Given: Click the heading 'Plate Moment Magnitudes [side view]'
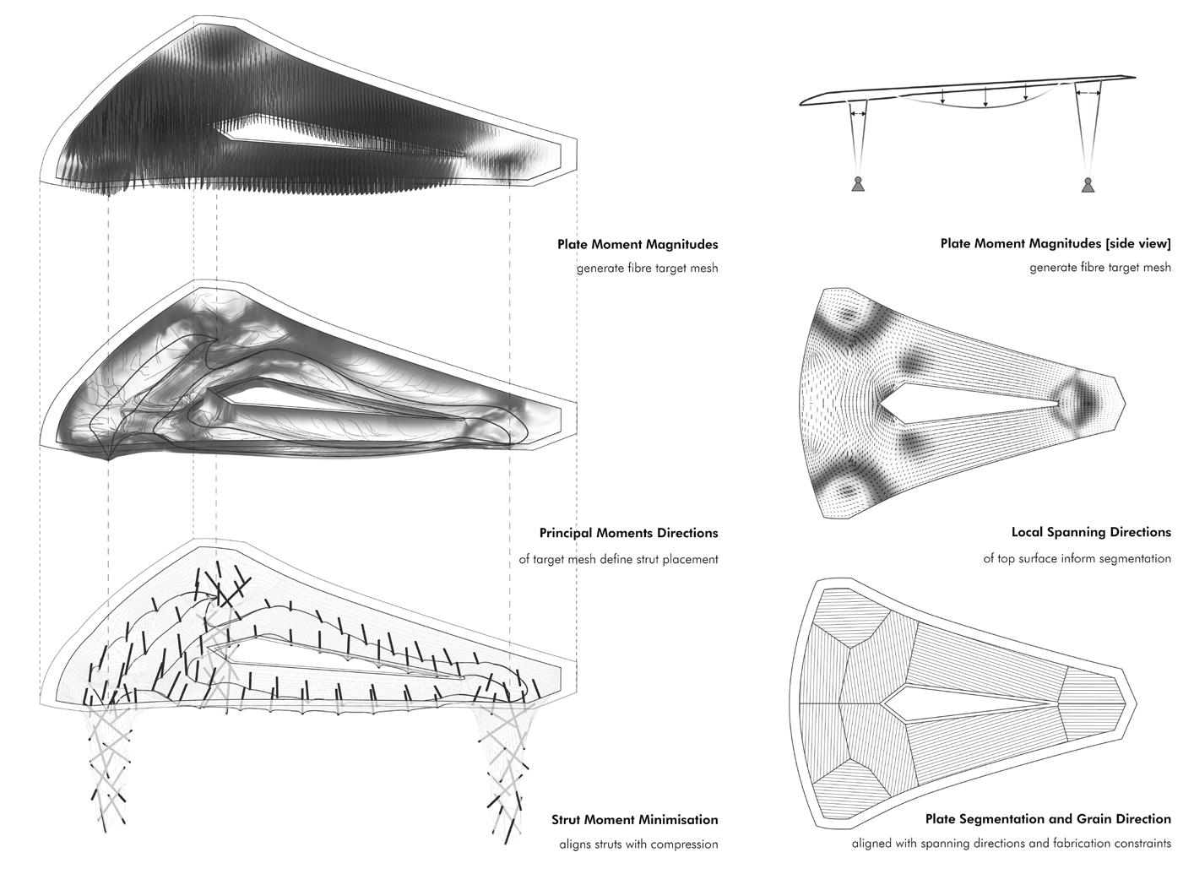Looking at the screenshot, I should point(1056,244).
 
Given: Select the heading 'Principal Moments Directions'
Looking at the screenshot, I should point(628,534).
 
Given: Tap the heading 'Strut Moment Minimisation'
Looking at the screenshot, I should point(634,820).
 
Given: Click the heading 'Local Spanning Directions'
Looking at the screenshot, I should point(1091,533).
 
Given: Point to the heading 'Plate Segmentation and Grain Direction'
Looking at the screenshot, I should point(1048,819).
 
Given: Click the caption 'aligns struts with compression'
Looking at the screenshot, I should point(638,844).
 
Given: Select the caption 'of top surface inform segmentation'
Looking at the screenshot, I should point(1077,558).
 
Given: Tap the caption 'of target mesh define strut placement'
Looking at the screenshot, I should point(618,559).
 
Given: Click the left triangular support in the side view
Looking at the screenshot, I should point(858,185).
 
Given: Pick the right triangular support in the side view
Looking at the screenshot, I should point(1088,185).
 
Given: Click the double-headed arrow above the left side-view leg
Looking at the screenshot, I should point(858,113).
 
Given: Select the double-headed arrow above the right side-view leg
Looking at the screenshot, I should point(1088,93).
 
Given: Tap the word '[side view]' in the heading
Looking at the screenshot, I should point(1137,244).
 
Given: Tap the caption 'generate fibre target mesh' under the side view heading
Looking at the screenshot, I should point(1099,268).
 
